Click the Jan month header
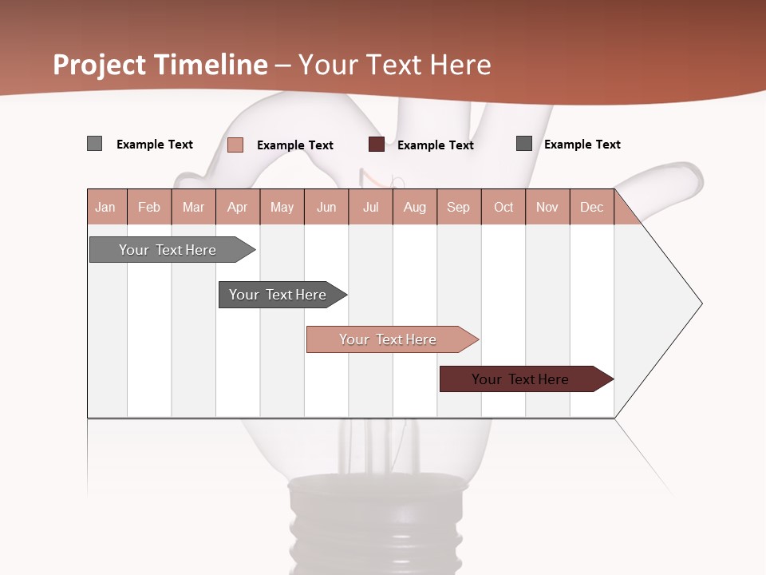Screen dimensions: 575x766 (x=105, y=207)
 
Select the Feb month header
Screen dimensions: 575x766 (x=149, y=207)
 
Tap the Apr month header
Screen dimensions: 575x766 (x=238, y=207)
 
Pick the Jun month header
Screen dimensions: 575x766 (x=326, y=207)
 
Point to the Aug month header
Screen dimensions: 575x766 (x=415, y=207)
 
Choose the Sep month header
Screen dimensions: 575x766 (x=459, y=207)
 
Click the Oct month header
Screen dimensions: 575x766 (x=503, y=207)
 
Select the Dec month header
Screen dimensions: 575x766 (x=592, y=207)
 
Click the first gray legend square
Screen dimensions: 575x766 (x=95, y=144)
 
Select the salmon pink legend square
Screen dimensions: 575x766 (x=235, y=145)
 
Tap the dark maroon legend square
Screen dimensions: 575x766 (x=377, y=145)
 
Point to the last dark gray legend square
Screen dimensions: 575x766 (x=524, y=144)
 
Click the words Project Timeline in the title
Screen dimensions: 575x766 (x=160, y=65)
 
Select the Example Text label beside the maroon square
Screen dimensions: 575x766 (x=436, y=145)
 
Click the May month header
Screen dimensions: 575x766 (x=282, y=207)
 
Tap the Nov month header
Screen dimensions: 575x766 (x=547, y=207)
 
